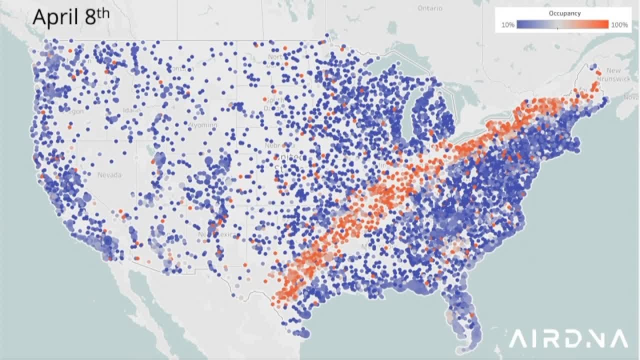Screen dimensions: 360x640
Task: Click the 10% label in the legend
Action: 508,24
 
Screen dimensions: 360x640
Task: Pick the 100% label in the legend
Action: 619,24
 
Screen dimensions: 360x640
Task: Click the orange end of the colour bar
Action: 605,24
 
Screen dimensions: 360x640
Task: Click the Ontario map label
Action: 430,8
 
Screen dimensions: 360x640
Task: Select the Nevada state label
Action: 109,175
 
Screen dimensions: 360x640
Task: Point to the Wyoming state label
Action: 203,124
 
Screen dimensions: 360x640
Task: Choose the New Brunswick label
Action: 618,78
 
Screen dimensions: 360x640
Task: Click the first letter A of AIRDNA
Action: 518,338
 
